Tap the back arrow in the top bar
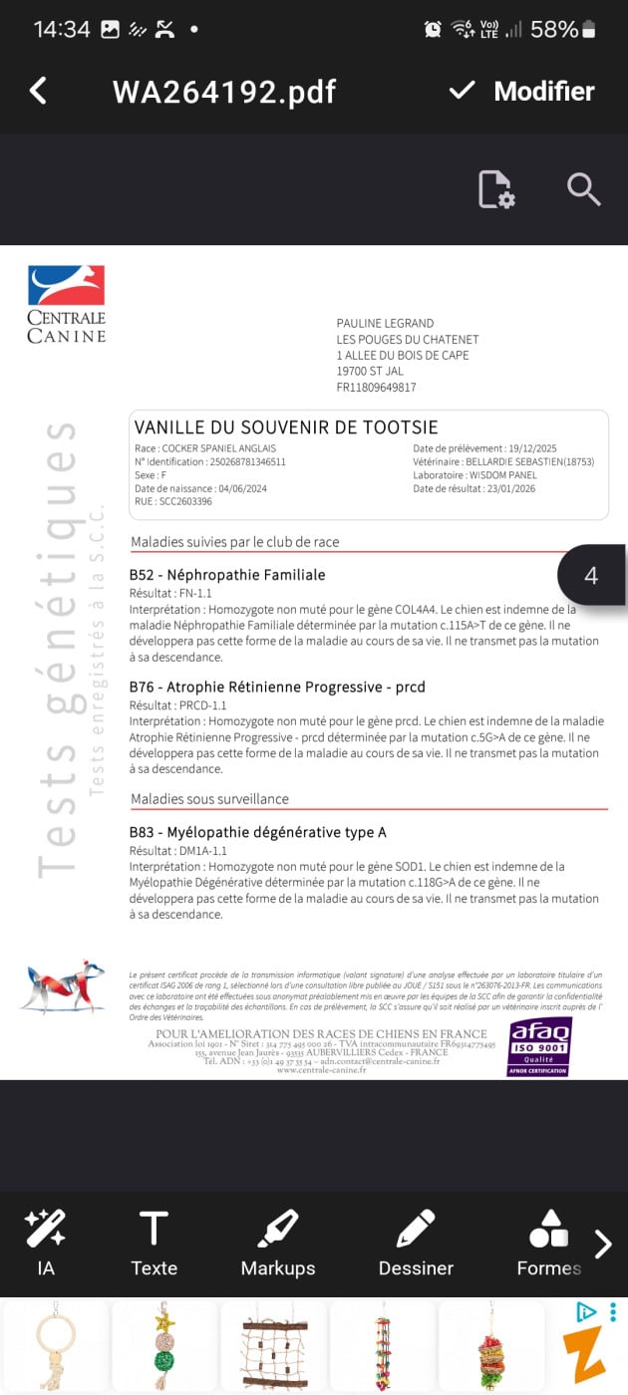tap(38, 91)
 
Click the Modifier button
tap(521, 91)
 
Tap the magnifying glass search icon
tap(583, 188)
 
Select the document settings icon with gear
tap(495, 189)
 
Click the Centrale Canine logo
tap(66, 304)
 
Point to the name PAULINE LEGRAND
tap(385, 323)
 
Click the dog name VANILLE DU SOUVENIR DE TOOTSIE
tap(286, 427)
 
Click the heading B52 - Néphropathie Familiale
tap(227, 575)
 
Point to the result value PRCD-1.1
tap(202, 705)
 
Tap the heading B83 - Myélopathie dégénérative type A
tap(258, 832)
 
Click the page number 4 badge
tap(591, 576)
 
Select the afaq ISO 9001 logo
tap(539, 1046)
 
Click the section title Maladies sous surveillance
tap(209, 799)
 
